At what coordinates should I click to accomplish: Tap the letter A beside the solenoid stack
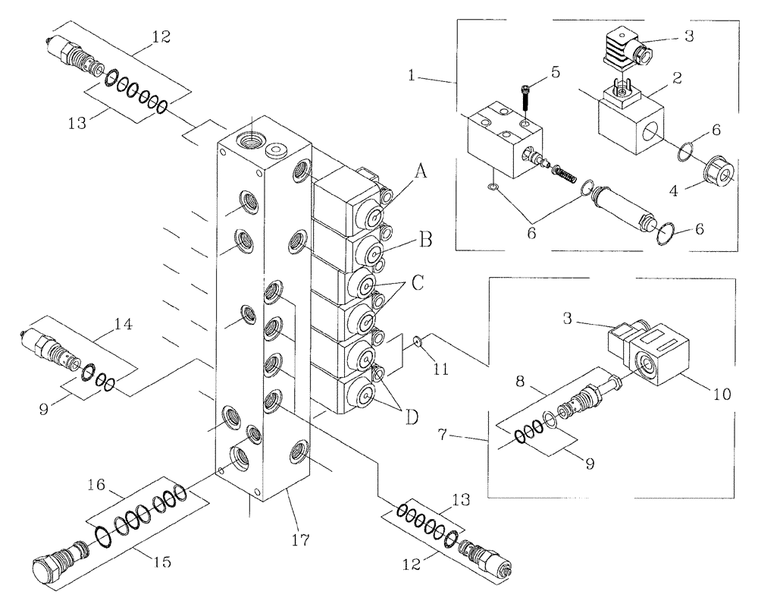click(421, 171)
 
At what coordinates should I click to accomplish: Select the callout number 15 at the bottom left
click(160, 563)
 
